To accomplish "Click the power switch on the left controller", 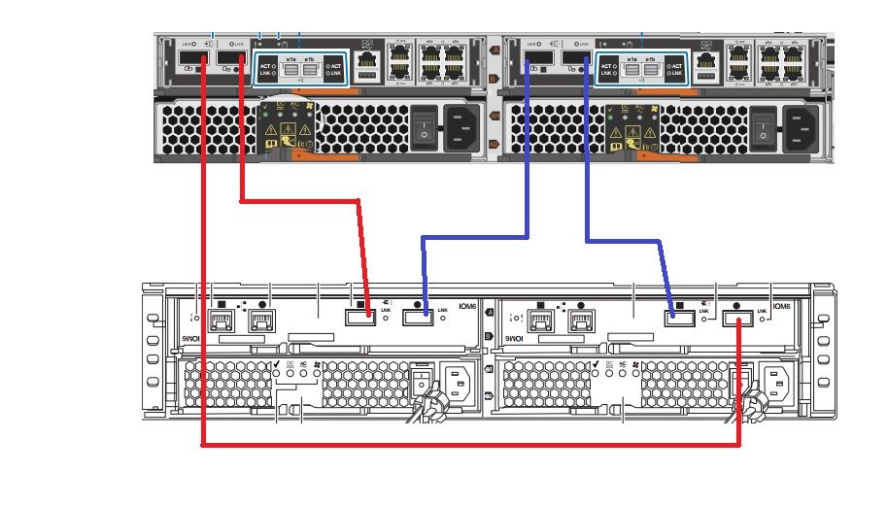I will [x=424, y=127].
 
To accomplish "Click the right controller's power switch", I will [x=765, y=127].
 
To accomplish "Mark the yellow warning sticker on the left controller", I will [x=290, y=130].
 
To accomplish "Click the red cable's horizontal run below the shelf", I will [x=466, y=446].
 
